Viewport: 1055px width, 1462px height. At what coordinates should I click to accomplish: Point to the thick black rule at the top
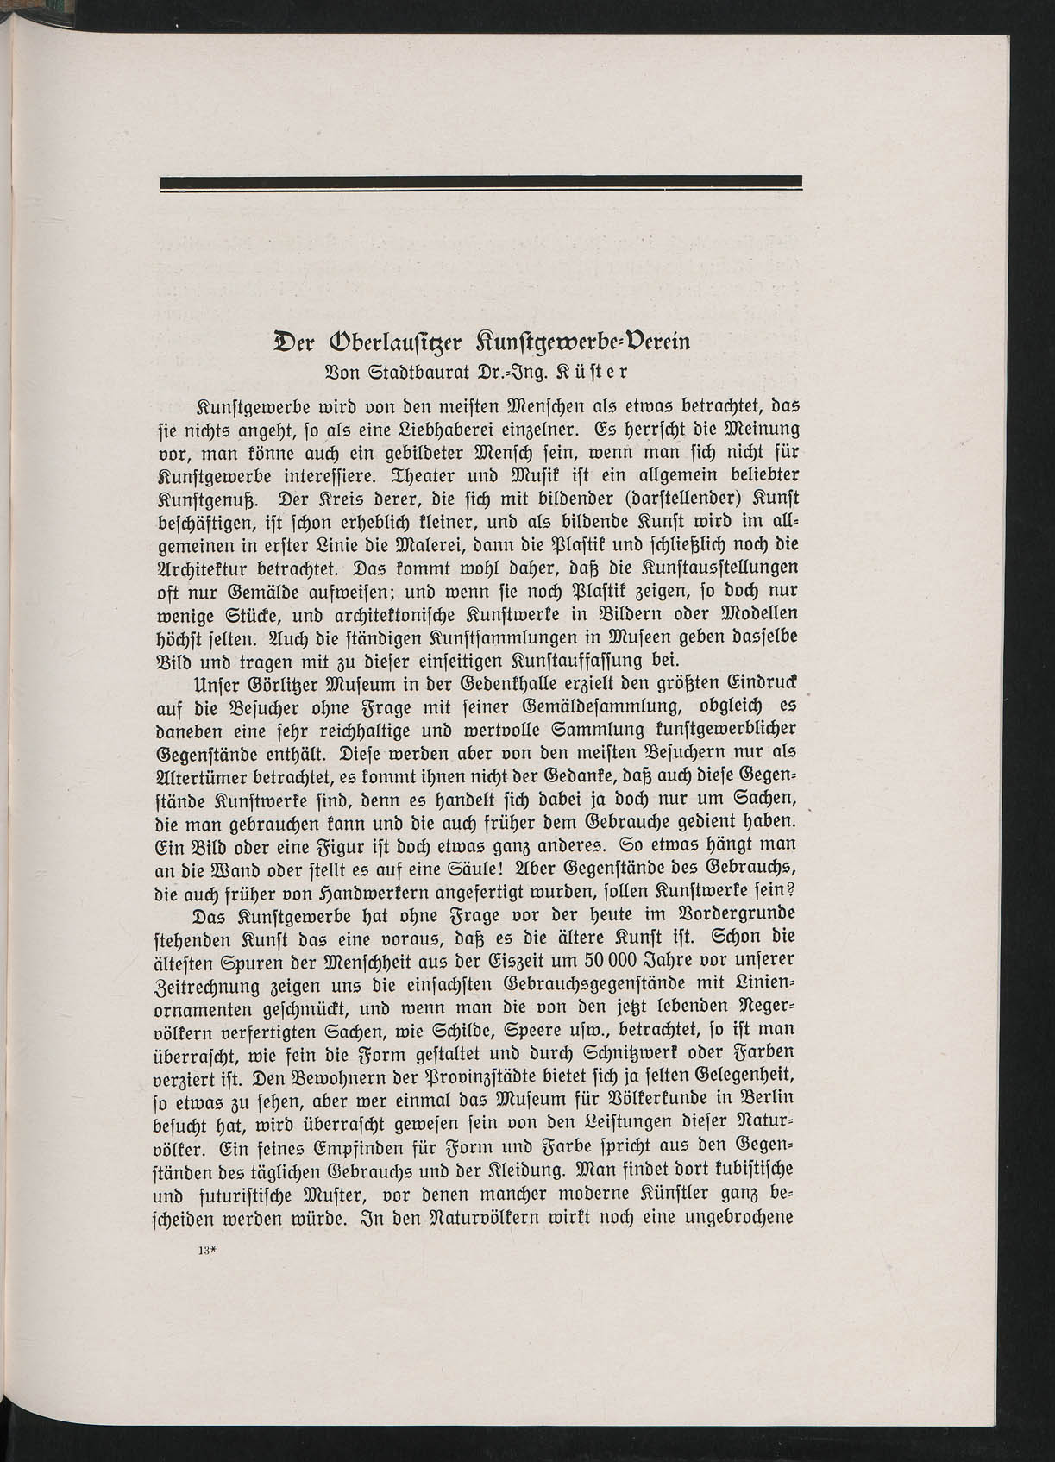point(481,181)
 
